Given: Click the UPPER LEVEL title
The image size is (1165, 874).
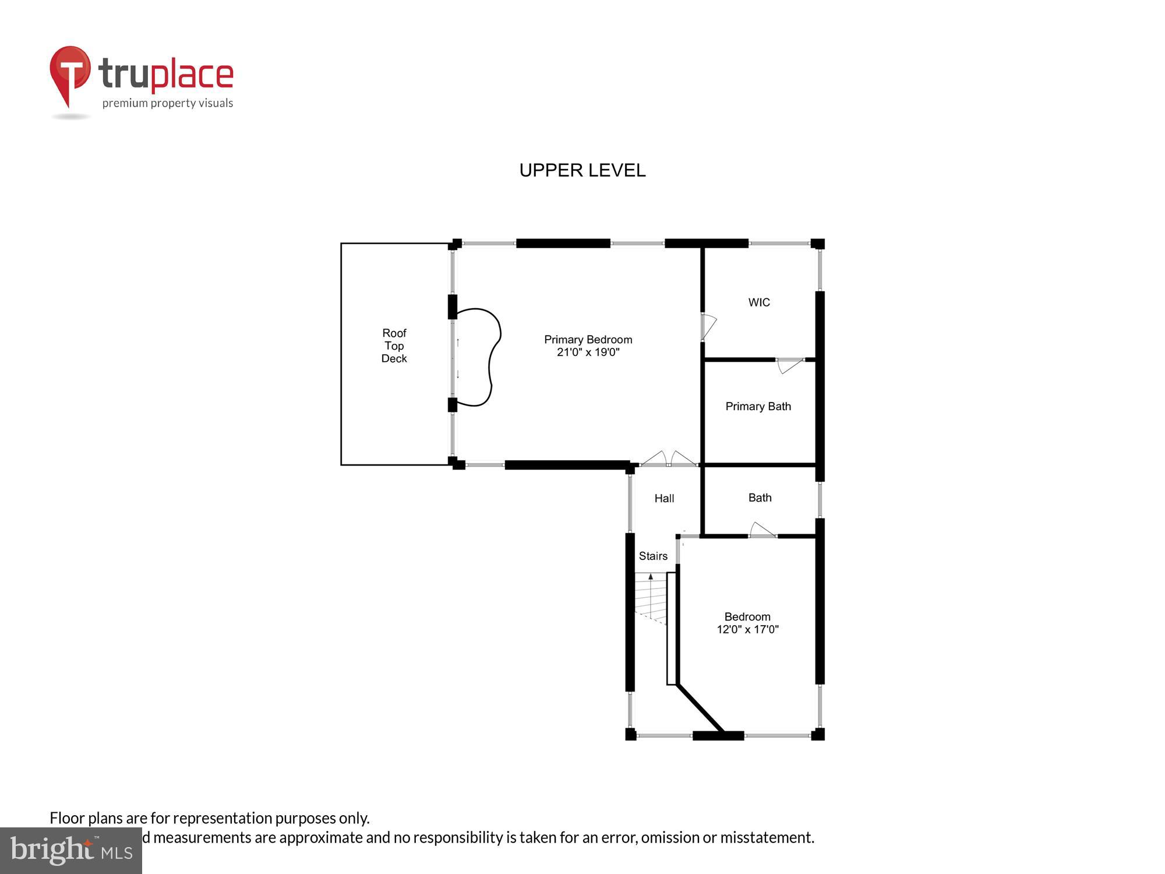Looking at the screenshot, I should pyautogui.click(x=582, y=170).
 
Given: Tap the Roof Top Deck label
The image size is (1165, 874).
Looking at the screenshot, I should pyautogui.click(x=394, y=346).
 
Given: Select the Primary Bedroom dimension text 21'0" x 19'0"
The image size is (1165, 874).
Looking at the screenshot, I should pyautogui.click(x=588, y=353).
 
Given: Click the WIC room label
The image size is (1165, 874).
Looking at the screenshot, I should pyautogui.click(x=759, y=302).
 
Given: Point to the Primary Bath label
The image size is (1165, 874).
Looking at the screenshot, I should pyautogui.click(x=758, y=407).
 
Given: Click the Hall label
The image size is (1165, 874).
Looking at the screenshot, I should pyautogui.click(x=664, y=499).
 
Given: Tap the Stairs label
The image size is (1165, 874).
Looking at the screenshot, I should pyautogui.click(x=653, y=556).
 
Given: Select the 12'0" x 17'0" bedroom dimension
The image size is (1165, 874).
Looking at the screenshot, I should pyautogui.click(x=747, y=629).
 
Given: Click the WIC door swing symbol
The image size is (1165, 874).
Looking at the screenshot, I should pyautogui.click(x=708, y=327).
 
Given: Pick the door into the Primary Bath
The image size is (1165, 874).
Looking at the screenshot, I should pyautogui.click(x=790, y=365).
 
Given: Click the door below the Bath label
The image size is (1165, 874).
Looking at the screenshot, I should pyautogui.click(x=762, y=531).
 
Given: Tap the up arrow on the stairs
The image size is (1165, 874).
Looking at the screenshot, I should pyautogui.click(x=651, y=577).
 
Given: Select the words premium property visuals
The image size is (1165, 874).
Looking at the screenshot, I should pyautogui.click(x=168, y=104).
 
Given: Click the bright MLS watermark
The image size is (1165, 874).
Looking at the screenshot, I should pyautogui.click(x=71, y=850).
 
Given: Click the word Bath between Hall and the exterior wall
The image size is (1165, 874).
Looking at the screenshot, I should pyautogui.click(x=760, y=498).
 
